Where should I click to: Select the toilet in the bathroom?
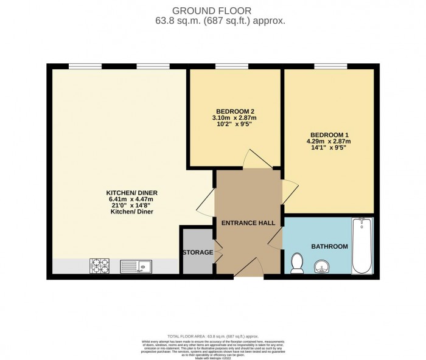pos(298,263)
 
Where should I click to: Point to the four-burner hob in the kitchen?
pos(99,266)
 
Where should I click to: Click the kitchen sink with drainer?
pos(136,266)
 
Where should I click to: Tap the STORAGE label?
pos(197,252)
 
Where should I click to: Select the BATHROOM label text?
pos(329,246)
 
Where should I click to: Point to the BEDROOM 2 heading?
pos(232,111)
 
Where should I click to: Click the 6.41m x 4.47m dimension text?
pos(130,199)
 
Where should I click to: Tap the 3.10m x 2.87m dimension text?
pos(232,117)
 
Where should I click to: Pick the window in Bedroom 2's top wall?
pos(227,66)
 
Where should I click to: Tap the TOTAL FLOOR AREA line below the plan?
pos(212,336)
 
